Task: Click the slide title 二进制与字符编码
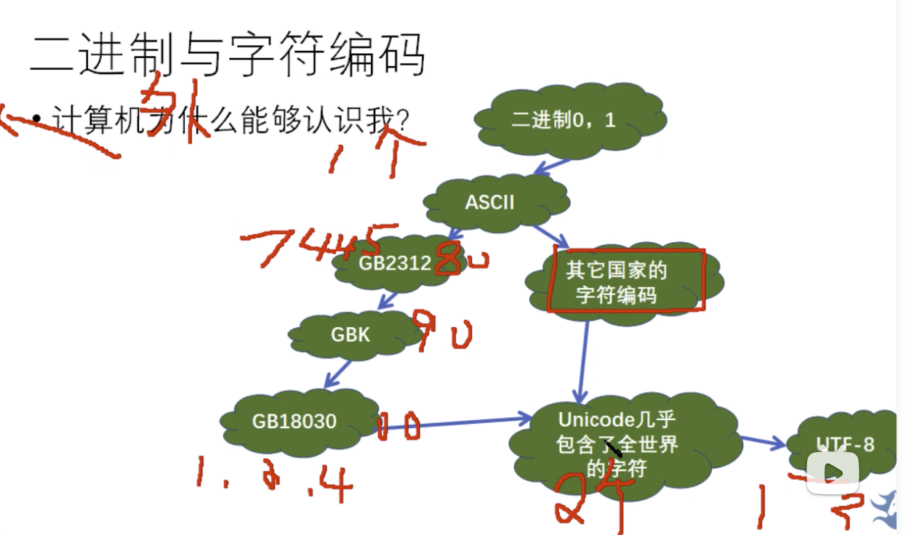(x=227, y=55)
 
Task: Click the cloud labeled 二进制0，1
(x=564, y=120)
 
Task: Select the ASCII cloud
(x=489, y=202)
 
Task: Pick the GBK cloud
(x=350, y=334)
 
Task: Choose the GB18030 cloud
(x=294, y=421)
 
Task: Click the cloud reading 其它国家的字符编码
(x=617, y=283)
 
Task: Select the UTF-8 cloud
(x=843, y=444)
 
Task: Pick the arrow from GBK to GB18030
(x=338, y=374)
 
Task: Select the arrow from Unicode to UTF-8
(x=761, y=441)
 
